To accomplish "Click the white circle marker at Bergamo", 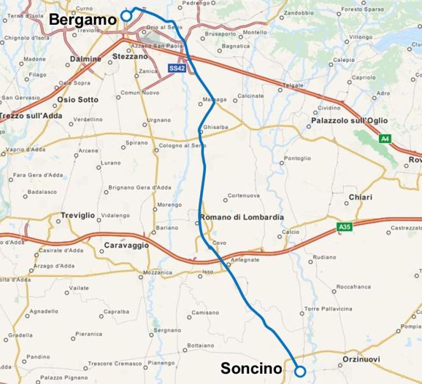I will click(x=126, y=15).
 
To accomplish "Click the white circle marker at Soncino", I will click(x=300, y=370).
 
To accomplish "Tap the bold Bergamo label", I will click(x=84, y=20).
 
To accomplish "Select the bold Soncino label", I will click(x=251, y=369).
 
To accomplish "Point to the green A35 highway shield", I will click(x=345, y=226).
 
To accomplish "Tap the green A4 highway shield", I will click(x=384, y=138).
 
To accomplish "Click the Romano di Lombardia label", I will click(x=242, y=218).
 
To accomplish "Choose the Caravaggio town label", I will click(x=127, y=245).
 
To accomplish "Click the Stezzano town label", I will click(x=129, y=57).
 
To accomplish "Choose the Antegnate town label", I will click(x=245, y=260).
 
